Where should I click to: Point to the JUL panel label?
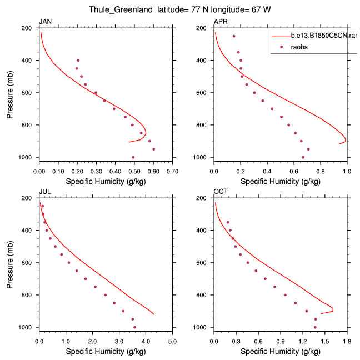pos(44,192)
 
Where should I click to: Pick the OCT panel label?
pos(221,192)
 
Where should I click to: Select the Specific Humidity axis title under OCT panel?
pos(281,351)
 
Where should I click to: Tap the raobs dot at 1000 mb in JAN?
pos(133,157)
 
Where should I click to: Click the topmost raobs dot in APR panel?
pos(234,36)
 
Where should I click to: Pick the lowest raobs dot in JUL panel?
pos(134,327)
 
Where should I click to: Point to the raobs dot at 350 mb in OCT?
pos(228,222)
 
